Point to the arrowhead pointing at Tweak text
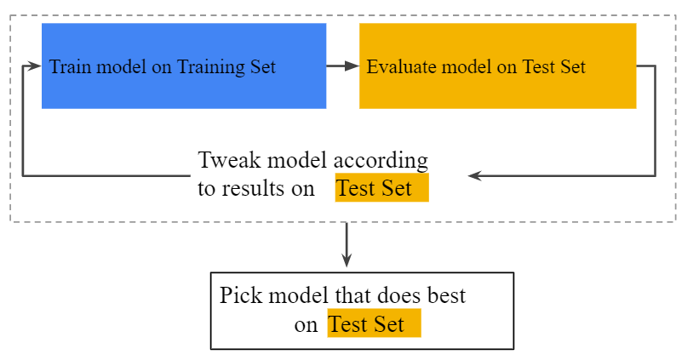click(475, 176)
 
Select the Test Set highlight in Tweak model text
click(381, 189)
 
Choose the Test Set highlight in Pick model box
click(374, 324)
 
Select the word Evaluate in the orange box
click(397, 67)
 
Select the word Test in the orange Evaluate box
click(539, 67)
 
